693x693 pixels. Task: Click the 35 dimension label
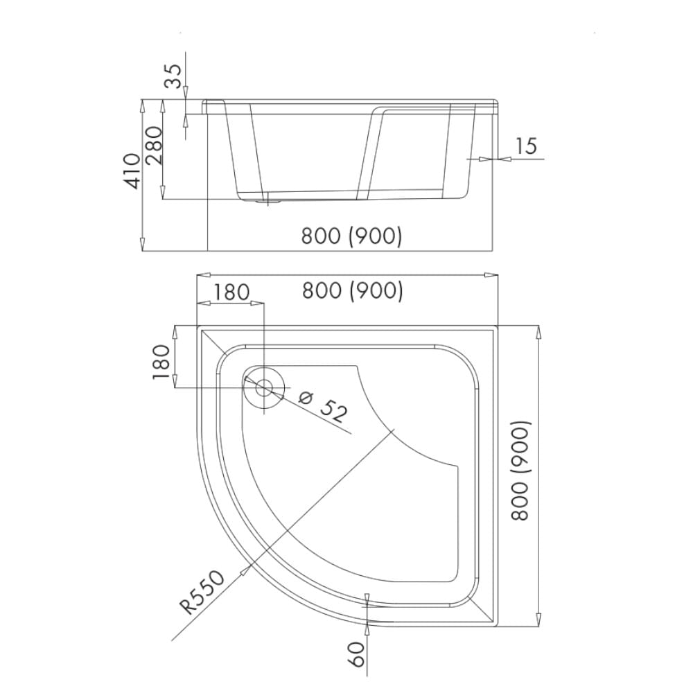[173, 76]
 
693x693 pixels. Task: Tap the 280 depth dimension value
[155, 146]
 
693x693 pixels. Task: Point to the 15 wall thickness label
[526, 146]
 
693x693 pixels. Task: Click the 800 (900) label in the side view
[351, 236]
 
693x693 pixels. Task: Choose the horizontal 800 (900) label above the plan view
[352, 291]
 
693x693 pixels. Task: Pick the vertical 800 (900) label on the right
[520, 471]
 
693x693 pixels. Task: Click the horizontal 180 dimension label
[232, 292]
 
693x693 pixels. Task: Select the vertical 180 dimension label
[161, 362]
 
